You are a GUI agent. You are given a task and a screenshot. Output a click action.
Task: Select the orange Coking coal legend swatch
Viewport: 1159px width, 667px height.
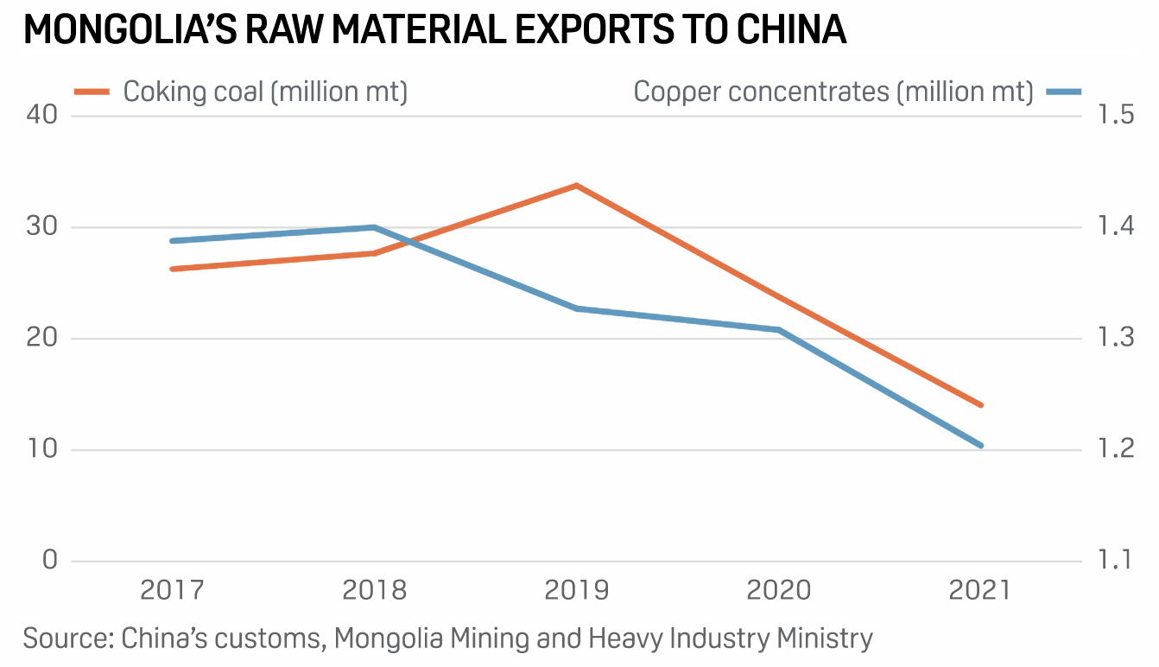tap(92, 91)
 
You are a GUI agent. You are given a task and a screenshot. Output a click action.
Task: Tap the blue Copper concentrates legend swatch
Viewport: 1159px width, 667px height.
tap(1063, 91)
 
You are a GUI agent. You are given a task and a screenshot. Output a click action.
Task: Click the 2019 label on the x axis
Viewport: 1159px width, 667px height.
tap(576, 591)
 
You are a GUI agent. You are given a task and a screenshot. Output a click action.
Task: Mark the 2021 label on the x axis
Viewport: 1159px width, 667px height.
tap(979, 591)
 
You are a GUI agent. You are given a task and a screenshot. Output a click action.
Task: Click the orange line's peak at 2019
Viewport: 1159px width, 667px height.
tap(576, 185)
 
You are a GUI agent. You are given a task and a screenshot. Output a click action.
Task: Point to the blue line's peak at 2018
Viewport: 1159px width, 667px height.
tap(374, 227)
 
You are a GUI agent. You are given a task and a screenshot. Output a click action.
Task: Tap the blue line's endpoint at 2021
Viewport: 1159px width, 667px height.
tap(980, 446)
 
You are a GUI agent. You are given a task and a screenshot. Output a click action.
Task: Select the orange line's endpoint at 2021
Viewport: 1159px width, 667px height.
tap(981, 404)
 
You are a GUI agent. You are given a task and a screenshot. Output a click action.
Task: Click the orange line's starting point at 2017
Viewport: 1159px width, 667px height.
tap(172, 269)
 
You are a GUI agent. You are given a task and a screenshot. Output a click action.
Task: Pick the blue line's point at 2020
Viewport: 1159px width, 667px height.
tap(779, 330)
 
